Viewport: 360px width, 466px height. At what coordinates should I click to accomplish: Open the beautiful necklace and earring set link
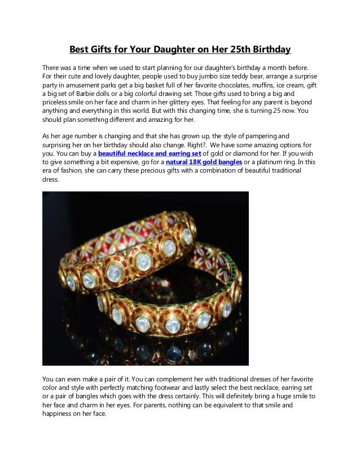click(x=149, y=152)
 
